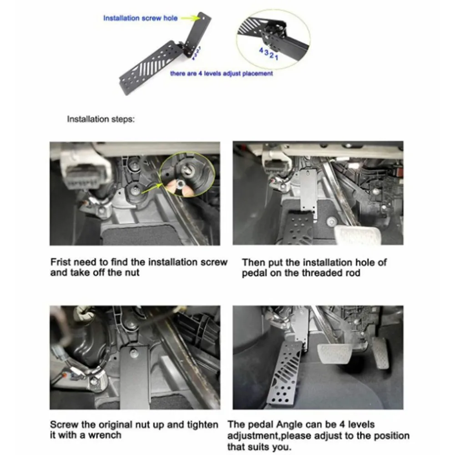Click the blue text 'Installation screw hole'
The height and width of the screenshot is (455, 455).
(x=141, y=18)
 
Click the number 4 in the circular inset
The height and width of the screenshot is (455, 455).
(x=261, y=51)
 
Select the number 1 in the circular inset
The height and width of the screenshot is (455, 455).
(x=277, y=57)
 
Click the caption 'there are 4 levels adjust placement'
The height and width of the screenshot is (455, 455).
(x=222, y=73)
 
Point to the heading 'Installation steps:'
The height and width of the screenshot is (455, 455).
(x=101, y=119)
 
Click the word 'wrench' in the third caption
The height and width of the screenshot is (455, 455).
(x=105, y=435)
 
